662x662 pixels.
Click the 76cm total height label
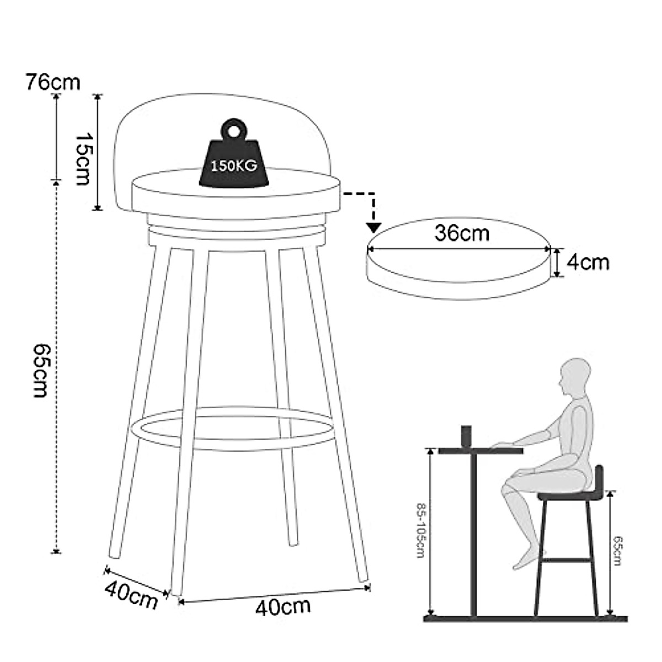point(53,82)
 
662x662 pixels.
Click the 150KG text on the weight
point(233,165)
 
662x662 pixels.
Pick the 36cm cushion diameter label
point(462,233)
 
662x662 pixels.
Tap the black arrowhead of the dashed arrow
point(374,226)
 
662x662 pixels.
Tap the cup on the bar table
point(467,435)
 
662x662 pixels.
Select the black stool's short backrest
point(599,478)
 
